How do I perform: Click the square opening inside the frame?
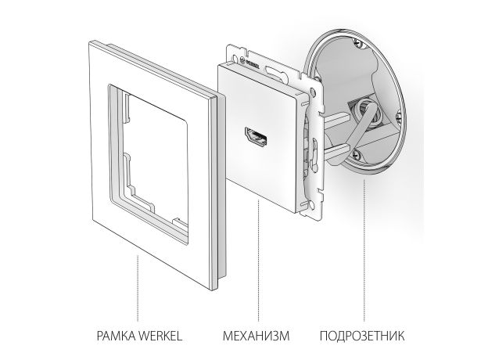[x=149, y=149]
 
